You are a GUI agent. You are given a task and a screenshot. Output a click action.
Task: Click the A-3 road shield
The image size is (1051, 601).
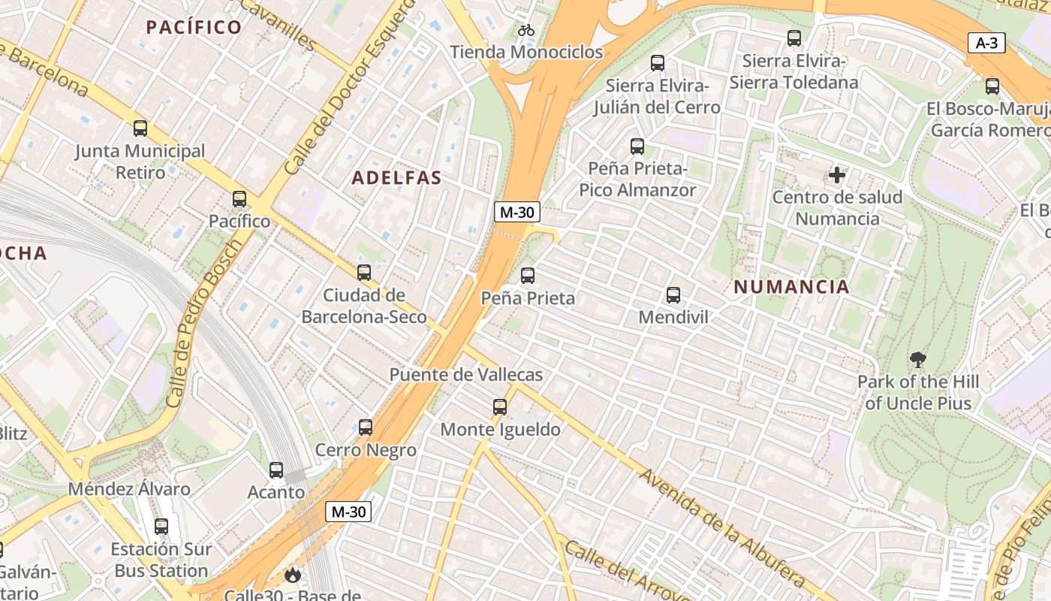(986, 44)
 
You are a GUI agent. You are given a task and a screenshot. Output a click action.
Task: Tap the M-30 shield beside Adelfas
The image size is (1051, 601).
(517, 213)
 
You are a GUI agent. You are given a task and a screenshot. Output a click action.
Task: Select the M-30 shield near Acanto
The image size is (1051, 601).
(349, 512)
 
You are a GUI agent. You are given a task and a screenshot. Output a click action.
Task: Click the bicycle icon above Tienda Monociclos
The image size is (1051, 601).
(526, 30)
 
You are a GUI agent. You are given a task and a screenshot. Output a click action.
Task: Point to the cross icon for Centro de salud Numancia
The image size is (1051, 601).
(837, 176)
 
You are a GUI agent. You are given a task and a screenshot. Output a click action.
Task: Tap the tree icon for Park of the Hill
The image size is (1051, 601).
(917, 360)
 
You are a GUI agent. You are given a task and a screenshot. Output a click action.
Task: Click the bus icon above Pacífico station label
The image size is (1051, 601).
(239, 199)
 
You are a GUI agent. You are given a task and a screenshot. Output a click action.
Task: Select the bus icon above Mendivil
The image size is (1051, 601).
(673, 295)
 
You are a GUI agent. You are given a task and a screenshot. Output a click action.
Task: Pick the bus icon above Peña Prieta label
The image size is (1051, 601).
(528, 276)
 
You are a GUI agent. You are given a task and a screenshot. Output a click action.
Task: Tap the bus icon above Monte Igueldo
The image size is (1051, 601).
(500, 407)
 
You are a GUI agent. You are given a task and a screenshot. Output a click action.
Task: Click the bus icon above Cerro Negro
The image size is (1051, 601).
(366, 427)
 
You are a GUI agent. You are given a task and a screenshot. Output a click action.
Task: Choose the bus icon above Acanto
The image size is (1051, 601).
(276, 470)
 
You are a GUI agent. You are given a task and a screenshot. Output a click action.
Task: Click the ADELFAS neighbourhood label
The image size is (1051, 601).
(396, 178)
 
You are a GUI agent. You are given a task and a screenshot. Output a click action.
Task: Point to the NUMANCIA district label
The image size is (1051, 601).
(791, 286)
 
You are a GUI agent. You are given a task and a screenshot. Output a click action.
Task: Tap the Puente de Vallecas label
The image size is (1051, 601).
(465, 374)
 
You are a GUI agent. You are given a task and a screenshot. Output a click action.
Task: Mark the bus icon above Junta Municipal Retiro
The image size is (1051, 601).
(140, 128)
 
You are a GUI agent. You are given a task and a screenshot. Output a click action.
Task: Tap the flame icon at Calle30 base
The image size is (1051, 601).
(292, 575)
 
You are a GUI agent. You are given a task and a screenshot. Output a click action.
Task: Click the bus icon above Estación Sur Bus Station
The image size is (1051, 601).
(161, 527)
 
